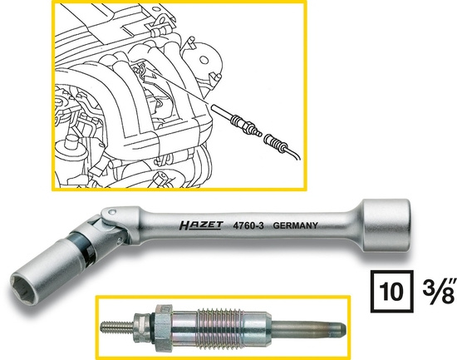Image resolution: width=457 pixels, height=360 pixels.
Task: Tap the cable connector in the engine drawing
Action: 275,141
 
